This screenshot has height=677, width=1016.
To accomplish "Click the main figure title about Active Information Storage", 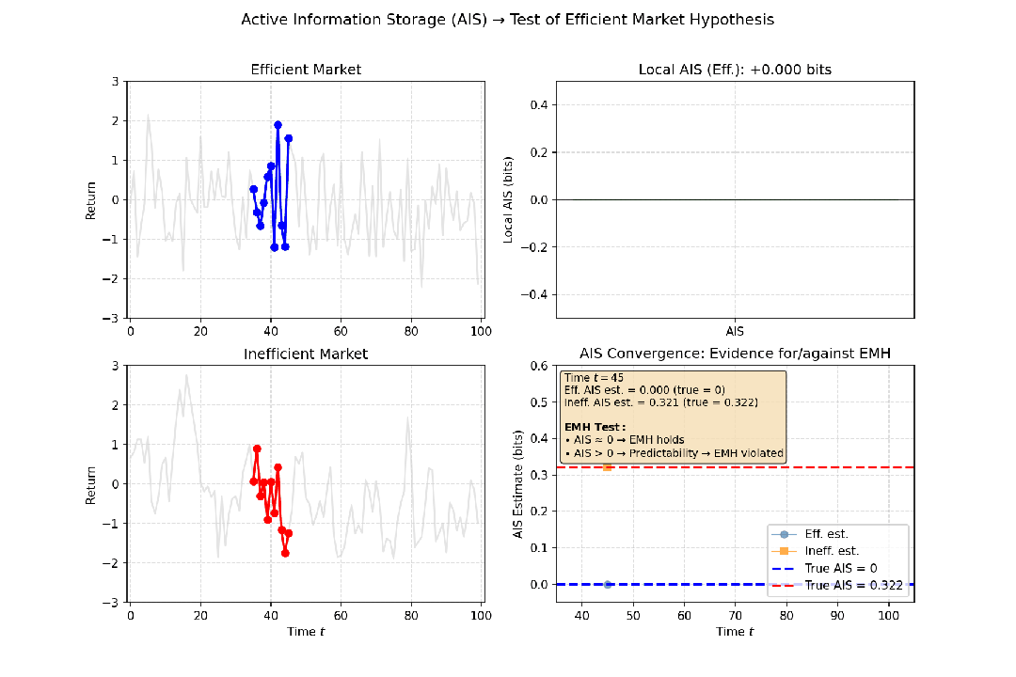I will point(507,19).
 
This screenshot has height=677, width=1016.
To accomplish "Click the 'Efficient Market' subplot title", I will point(306,70).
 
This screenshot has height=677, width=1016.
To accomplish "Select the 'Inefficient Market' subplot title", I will point(306,354).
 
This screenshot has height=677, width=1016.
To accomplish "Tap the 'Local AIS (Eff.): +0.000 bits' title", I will point(734,70).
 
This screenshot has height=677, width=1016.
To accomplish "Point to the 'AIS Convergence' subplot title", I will point(734,354).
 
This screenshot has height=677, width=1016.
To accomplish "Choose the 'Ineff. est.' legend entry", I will point(832,551).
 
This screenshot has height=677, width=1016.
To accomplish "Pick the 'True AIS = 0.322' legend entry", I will point(853,585).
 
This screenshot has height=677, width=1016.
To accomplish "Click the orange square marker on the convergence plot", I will point(607,467).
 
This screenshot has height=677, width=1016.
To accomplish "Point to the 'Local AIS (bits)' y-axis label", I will point(508,200).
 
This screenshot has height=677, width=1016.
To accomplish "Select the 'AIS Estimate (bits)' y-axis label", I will point(517,484).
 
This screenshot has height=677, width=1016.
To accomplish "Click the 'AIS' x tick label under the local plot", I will point(735,332).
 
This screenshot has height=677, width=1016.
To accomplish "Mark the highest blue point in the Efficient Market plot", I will point(278,125).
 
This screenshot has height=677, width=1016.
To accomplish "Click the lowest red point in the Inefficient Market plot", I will point(285,553).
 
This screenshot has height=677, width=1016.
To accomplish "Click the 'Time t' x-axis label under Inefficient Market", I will point(306,632).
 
